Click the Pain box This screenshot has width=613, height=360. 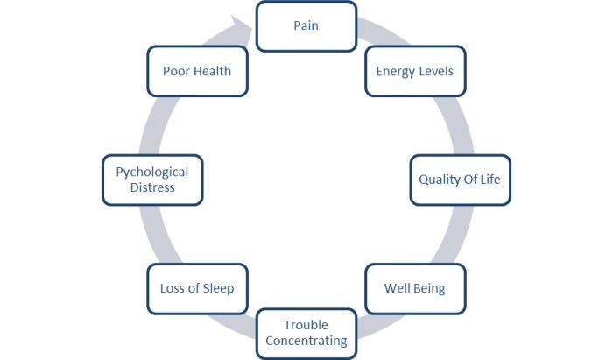point(306,25)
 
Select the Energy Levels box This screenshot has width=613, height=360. point(414,71)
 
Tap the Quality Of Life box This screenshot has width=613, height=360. point(460,180)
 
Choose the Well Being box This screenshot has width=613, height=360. point(414,288)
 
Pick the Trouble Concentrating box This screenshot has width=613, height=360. point(306,333)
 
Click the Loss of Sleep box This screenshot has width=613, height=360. point(197,288)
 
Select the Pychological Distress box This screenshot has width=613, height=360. point(151,180)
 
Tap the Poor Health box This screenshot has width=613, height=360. point(197,71)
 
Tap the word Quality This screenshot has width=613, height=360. point(440,180)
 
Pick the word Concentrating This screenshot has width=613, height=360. point(306,341)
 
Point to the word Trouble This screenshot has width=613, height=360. point(306,326)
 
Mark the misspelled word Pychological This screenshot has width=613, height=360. point(151,172)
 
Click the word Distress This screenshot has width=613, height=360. point(151,187)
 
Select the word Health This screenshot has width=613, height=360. point(213,71)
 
